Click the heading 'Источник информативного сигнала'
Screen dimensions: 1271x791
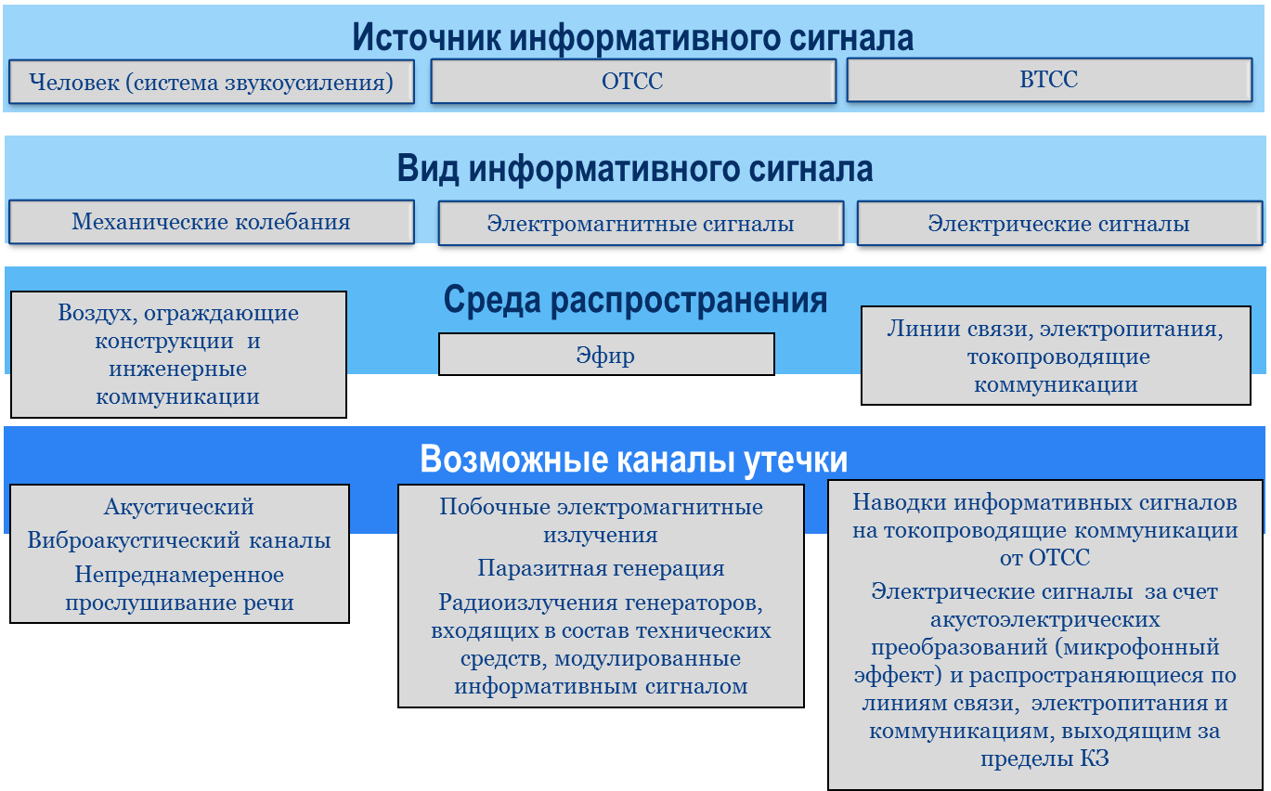632,37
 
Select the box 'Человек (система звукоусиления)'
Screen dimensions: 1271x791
212,82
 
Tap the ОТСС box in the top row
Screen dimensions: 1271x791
633,81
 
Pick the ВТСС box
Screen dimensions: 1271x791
1049,80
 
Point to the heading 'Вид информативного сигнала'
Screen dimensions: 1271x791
635,169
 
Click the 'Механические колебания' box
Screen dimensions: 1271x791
212,222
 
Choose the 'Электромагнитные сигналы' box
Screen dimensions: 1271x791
642,224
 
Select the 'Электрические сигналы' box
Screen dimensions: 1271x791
1059,224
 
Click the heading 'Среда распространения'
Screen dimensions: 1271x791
635,299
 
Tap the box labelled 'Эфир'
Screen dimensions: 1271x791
606,355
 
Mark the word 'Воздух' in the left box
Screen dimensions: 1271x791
97,313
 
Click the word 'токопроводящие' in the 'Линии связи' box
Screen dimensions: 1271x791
1058,357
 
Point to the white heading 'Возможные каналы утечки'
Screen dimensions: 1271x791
634,459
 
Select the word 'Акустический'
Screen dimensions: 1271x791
179,507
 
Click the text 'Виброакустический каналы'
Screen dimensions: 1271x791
179,540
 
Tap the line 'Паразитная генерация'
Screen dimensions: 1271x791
601,568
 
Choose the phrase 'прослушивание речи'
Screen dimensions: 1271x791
179,603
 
